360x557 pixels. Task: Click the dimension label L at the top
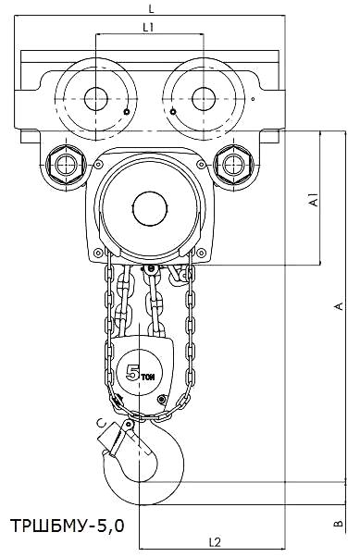(x=152, y=9)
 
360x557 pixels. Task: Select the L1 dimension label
(x=148, y=28)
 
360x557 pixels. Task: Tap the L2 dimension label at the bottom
(x=215, y=542)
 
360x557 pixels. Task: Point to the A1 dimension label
(x=314, y=200)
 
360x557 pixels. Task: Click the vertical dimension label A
(x=339, y=306)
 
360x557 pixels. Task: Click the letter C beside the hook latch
(x=103, y=423)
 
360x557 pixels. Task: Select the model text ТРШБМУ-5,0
(x=68, y=526)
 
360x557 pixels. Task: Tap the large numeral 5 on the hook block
(x=133, y=373)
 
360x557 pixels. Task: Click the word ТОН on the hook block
(x=148, y=378)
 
